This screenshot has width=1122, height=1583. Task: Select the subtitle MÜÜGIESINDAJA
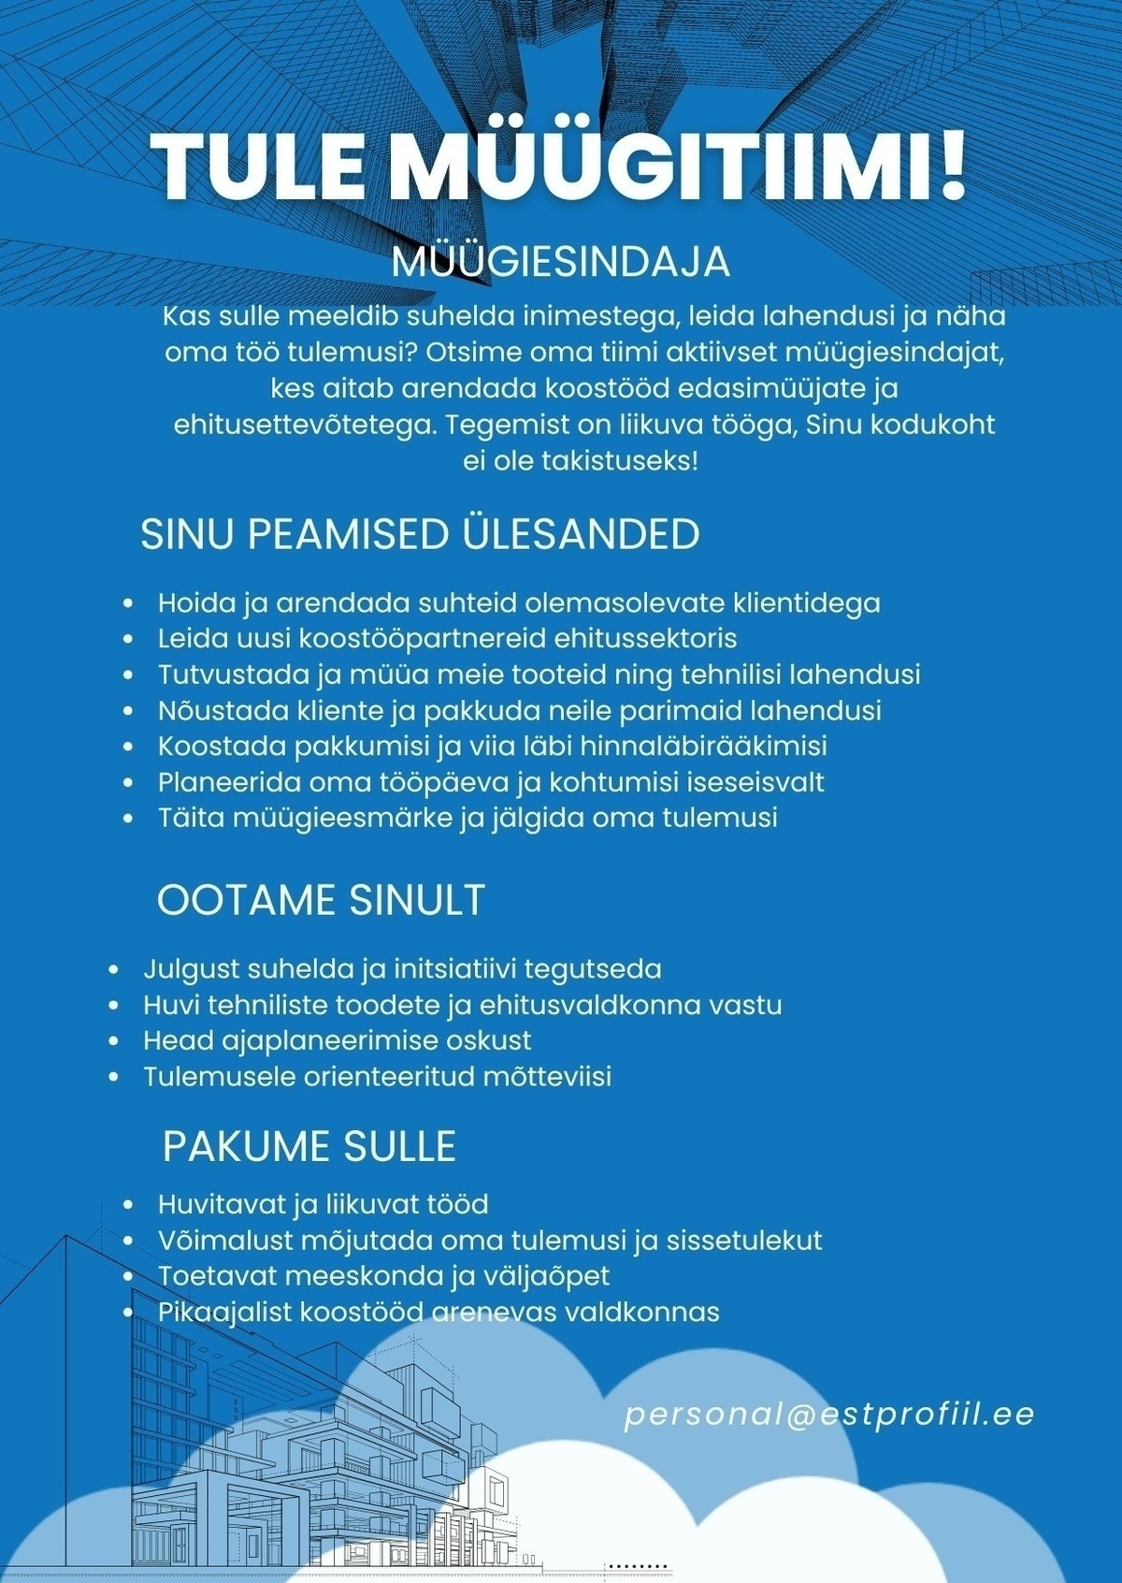click(560, 262)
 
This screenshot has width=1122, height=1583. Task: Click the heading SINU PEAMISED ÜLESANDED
click(420, 534)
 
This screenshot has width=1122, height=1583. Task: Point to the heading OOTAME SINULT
click(321, 900)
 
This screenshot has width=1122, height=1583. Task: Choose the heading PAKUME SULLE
click(309, 1146)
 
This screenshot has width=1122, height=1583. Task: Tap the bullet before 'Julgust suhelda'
click(115, 970)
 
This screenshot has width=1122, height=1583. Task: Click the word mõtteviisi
click(547, 1077)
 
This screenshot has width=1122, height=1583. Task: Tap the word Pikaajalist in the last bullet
click(224, 1312)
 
